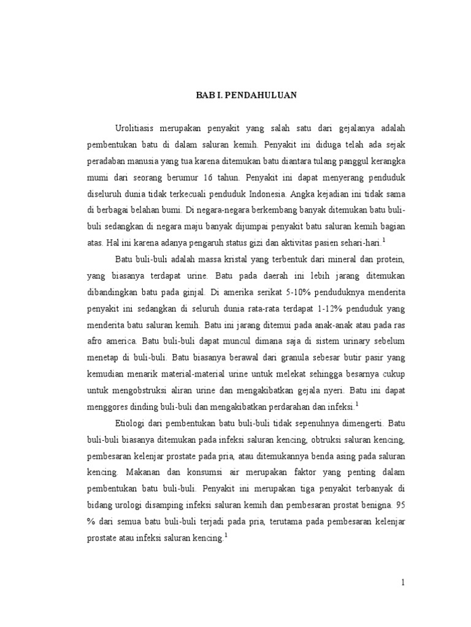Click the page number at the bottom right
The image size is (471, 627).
[403, 583]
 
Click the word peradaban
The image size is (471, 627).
[107, 162]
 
